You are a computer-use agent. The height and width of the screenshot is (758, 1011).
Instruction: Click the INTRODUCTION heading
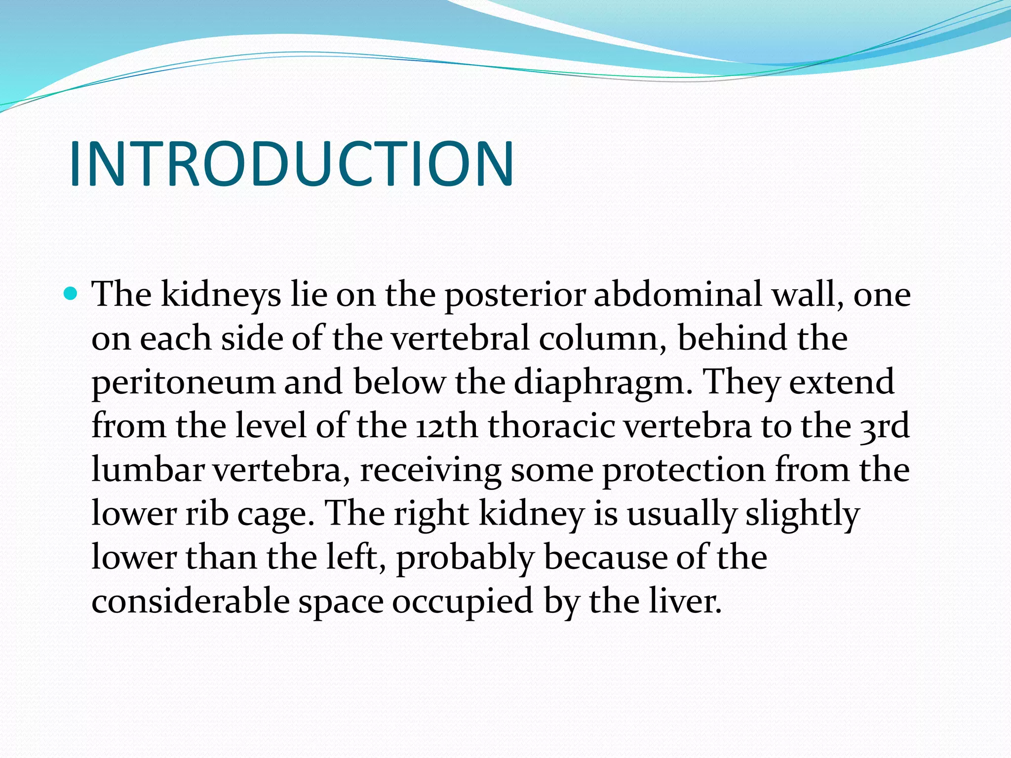291,164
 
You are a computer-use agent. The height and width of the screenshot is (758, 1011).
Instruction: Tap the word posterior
515,295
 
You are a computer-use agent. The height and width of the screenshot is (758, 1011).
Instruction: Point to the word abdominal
677,294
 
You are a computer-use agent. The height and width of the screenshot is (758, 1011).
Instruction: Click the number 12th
447,426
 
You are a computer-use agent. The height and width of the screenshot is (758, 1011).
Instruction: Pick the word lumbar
148,470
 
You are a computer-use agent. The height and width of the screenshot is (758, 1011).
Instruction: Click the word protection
683,471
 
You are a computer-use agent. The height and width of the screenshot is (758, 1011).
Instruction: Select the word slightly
802,514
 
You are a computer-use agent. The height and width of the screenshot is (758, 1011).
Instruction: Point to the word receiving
430,471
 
